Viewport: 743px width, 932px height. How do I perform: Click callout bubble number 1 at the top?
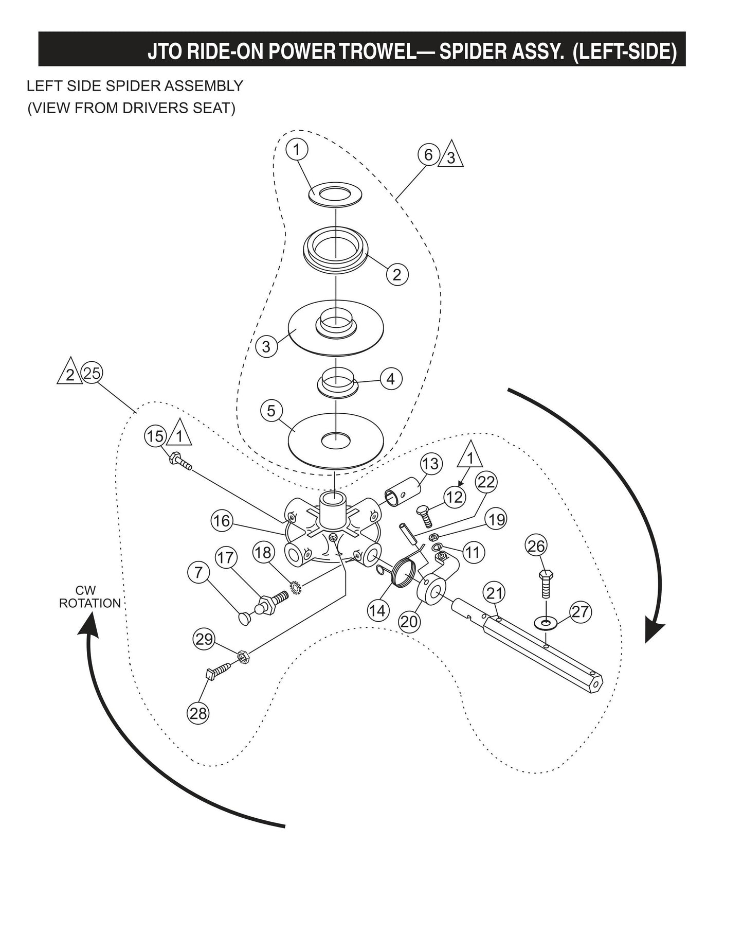(297, 149)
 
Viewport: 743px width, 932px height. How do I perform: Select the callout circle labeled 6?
(428, 154)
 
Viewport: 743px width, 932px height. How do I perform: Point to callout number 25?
(92, 373)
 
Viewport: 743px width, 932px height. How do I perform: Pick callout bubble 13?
(430, 464)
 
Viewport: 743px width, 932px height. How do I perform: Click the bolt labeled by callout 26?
(546, 585)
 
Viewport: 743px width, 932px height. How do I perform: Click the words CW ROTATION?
(89, 597)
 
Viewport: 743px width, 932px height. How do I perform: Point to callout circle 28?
(198, 713)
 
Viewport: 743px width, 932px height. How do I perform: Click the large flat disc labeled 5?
(336, 440)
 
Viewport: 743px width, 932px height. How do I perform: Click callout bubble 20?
(409, 622)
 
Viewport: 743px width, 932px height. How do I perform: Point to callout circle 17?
(226, 557)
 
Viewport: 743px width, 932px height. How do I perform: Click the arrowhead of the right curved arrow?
(654, 631)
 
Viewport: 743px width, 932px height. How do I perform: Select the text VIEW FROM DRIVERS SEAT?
(131, 109)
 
